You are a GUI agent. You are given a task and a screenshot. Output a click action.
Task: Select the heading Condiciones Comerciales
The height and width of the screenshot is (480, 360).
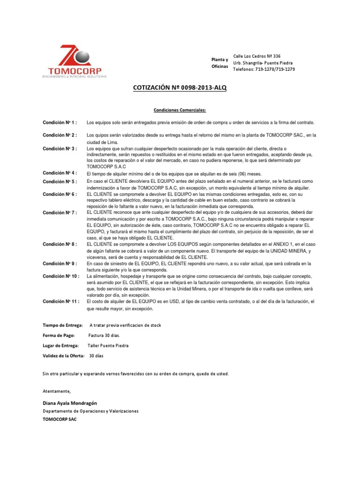(x=180, y=110)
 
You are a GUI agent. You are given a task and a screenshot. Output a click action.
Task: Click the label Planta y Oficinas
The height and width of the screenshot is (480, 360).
(x=219, y=63)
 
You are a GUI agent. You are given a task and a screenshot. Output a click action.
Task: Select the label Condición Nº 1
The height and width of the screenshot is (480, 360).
(x=60, y=122)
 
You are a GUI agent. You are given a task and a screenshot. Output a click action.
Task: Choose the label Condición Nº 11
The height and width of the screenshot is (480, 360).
(x=61, y=302)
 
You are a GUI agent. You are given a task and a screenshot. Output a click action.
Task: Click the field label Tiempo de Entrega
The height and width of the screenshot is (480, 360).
(x=63, y=325)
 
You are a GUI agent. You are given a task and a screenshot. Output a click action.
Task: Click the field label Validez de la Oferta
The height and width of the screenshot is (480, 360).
(x=64, y=356)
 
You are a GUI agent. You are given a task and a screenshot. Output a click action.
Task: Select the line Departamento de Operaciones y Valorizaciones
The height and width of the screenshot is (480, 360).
(x=90, y=411)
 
